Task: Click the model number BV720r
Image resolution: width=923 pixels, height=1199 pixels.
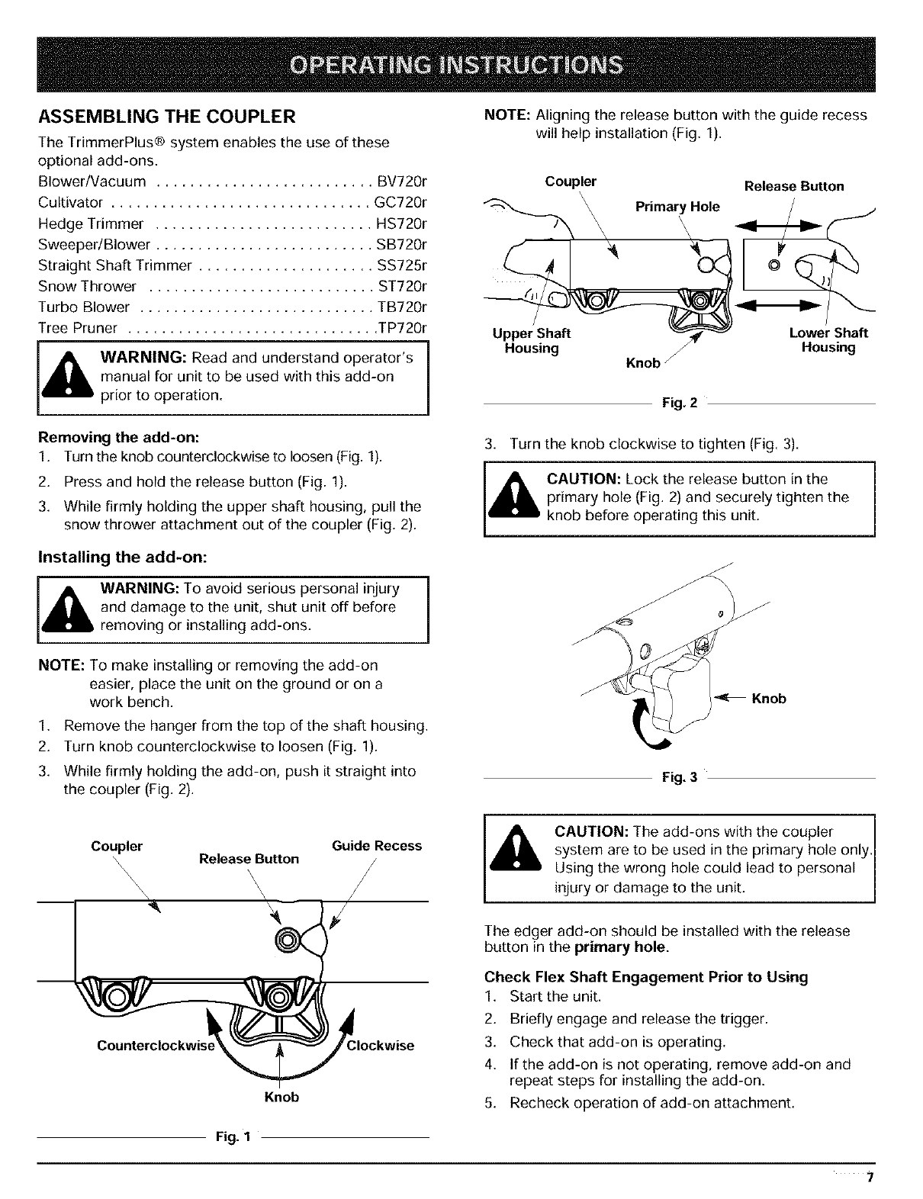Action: pyautogui.click(x=402, y=182)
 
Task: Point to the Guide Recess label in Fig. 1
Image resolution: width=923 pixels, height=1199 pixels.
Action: pyautogui.click(x=377, y=846)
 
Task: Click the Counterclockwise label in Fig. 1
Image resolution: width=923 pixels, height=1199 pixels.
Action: pyautogui.click(x=156, y=1046)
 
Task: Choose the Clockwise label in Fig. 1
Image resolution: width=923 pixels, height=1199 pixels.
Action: pyautogui.click(x=380, y=1046)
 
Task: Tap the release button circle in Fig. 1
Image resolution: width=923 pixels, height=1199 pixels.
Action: pyautogui.click(x=288, y=938)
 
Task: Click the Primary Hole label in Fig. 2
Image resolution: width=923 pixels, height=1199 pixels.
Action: pyautogui.click(x=677, y=207)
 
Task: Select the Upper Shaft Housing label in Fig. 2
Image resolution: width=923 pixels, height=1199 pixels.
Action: pyautogui.click(x=532, y=341)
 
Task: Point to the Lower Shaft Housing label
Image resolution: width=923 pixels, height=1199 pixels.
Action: pyautogui.click(x=828, y=341)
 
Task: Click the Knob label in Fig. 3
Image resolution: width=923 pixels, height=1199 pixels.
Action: pyautogui.click(x=769, y=699)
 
